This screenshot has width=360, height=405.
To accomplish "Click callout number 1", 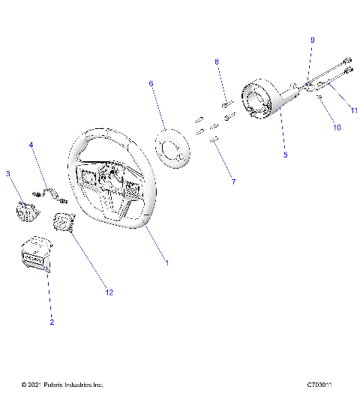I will (166, 263).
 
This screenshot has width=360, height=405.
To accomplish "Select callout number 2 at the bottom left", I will (52, 322).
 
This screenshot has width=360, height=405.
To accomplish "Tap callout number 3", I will (8, 174).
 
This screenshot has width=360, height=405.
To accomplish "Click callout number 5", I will (285, 155).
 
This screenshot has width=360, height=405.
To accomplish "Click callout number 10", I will (337, 128).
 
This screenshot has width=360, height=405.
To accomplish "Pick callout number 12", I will (109, 292).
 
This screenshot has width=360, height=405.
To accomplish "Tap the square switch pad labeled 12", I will (63, 222).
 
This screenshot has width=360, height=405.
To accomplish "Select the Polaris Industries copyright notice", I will (62, 385).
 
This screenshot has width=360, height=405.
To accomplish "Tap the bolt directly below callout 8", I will (225, 103).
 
